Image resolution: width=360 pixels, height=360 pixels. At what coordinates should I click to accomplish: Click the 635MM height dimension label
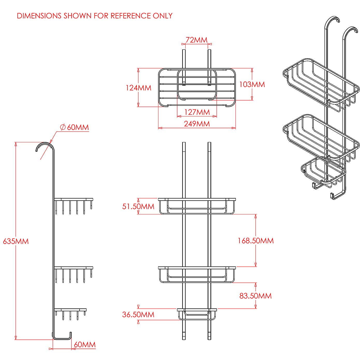click(x=16, y=241)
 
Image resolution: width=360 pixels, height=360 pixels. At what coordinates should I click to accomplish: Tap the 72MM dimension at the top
click(x=196, y=40)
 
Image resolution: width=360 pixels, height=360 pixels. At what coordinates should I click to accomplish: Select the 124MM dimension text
click(x=138, y=88)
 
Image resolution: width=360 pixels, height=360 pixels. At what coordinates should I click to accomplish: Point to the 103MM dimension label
click(x=252, y=84)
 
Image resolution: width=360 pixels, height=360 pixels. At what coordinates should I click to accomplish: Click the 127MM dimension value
click(x=197, y=112)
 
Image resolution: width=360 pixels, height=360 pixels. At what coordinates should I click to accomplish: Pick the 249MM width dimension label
click(x=197, y=124)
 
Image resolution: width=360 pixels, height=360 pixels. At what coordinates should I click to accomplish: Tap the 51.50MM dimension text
click(x=138, y=207)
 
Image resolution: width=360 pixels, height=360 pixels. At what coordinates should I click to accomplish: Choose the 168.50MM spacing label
click(x=256, y=241)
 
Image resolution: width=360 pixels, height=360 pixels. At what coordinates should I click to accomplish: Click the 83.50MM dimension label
click(x=255, y=296)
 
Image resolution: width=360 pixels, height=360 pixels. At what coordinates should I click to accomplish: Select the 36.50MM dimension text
click(x=138, y=315)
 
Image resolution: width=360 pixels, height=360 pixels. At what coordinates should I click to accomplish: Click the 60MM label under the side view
click(x=85, y=345)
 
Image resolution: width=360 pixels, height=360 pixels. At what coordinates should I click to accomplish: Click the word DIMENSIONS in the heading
click(x=39, y=16)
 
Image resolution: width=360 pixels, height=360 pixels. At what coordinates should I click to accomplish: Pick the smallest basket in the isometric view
click(x=323, y=172)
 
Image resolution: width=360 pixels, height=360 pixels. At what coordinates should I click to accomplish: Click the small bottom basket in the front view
click(x=197, y=314)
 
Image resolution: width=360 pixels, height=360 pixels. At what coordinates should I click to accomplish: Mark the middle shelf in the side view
click(x=74, y=267)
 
